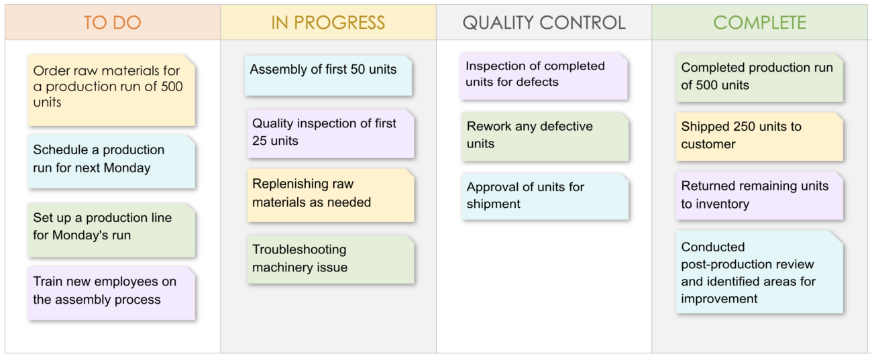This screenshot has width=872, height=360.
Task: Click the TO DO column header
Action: click(x=112, y=22)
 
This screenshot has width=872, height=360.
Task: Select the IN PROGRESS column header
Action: click(x=328, y=22)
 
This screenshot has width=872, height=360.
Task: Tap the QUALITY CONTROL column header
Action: click(x=543, y=22)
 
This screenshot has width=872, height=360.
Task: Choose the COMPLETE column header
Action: click(x=759, y=22)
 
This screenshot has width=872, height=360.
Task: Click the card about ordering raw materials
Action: click(x=111, y=90)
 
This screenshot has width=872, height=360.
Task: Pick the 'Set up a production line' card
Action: click(x=111, y=227)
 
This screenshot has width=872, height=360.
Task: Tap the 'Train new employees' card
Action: click(x=111, y=292)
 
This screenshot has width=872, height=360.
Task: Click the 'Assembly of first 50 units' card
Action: click(x=328, y=74)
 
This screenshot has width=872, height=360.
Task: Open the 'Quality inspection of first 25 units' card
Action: click(x=330, y=133)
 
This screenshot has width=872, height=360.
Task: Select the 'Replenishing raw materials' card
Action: click(x=330, y=194)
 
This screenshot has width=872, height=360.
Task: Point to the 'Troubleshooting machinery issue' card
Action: click(x=330, y=259)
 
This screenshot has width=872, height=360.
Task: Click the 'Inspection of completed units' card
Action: click(x=543, y=76)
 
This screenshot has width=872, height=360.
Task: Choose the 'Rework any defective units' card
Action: click(x=545, y=136)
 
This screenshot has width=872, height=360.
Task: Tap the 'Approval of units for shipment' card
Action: click(x=545, y=196)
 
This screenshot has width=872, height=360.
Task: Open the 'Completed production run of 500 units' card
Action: click(x=759, y=77)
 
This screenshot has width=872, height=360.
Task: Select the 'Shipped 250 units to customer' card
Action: click(x=759, y=136)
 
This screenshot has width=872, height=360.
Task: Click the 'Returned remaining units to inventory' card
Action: click(x=759, y=195)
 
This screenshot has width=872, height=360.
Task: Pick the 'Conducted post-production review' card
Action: click(x=759, y=272)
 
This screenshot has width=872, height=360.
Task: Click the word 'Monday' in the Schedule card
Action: click(x=127, y=168)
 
